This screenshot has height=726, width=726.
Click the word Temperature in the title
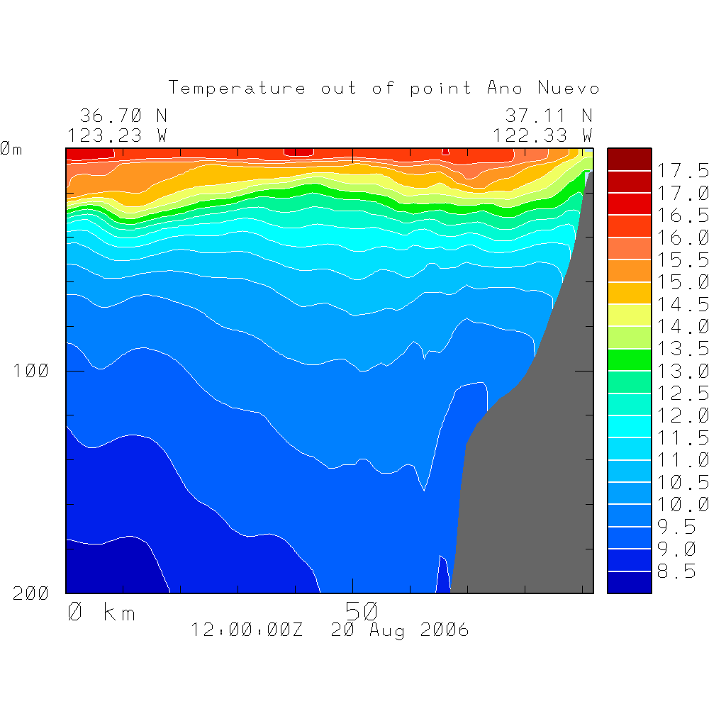coord(238,89)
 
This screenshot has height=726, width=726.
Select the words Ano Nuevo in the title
coord(543,89)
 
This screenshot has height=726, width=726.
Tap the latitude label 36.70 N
coord(123,116)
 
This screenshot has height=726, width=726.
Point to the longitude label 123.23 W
coord(118,135)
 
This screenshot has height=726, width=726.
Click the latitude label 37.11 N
coord(549,116)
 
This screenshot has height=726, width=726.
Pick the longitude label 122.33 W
coord(543,135)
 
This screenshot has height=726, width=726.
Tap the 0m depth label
coord(11,149)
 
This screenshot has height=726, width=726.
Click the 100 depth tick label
coord(31,371)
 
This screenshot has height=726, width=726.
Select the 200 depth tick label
coord(31,593)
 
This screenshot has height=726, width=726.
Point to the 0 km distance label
coord(101,612)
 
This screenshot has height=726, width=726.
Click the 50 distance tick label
coord(362,610)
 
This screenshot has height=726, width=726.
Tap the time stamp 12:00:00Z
coord(247,630)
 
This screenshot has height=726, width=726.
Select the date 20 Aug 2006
coord(400,630)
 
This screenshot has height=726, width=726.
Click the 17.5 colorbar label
coord(683,171)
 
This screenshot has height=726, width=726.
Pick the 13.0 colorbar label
coord(683,371)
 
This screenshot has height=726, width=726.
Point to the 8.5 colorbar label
coord(676,571)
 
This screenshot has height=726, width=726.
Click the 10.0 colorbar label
coord(683,505)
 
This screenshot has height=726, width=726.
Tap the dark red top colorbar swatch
coord(629,159)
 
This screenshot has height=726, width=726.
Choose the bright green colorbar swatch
coord(629,359)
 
